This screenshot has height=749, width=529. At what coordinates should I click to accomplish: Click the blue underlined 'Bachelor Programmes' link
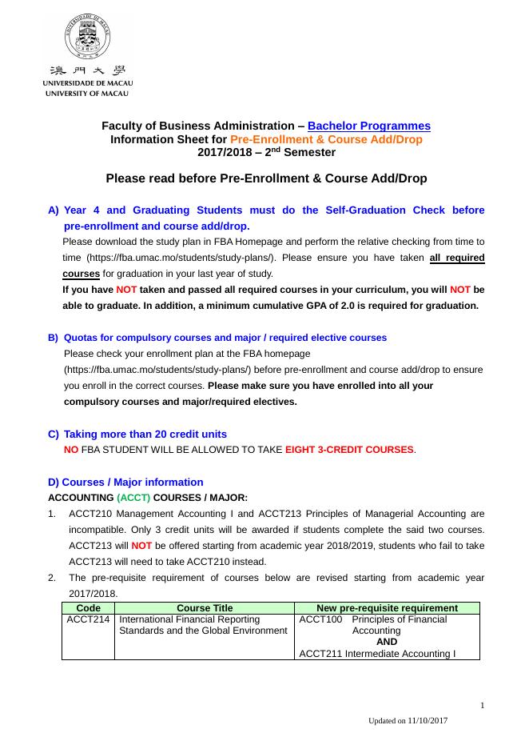pyautogui.click(x=368, y=126)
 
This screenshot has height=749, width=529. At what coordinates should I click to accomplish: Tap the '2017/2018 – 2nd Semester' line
pyautogui.click(x=266, y=152)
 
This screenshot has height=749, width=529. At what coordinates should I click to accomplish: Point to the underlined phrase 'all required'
pyautogui.click(x=456, y=258)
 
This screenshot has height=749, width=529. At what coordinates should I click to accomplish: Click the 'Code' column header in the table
pyautogui.click(x=88, y=608)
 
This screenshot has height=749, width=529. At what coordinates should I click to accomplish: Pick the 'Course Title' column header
pyautogui.click(x=205, y=608)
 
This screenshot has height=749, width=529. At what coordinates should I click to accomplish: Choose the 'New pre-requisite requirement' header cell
pyautogui.click(x=387, y=608)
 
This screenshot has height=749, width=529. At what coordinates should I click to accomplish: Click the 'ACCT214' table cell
pyautogui.click(x=89, y=619)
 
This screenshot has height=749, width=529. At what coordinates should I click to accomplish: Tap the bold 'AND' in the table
pyautogui.click(x=387, y=642)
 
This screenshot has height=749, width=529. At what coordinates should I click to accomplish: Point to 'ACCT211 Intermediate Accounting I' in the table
pyautogui.click(x=377, y=654)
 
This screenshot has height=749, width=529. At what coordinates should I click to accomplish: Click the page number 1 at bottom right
pyautogui.click(x=483, y=705)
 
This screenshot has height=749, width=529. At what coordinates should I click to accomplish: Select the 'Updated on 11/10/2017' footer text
pyautogui.click(x=408, y=721)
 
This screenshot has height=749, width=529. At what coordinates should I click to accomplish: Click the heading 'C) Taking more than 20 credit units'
pyautogui.click(x=137, y=434)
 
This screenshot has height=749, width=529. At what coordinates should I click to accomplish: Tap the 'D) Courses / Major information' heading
pyautogui.click(x=125, y=482)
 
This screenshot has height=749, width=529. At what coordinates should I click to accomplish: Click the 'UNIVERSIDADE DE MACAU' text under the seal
pyautogui.click(x=88, y=83)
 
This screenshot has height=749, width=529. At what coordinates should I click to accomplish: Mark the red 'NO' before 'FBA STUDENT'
pyautogui.click(x=70, y=450)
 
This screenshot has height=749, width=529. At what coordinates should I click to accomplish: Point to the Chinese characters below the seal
pyautogui.click(x=88, y=70)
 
